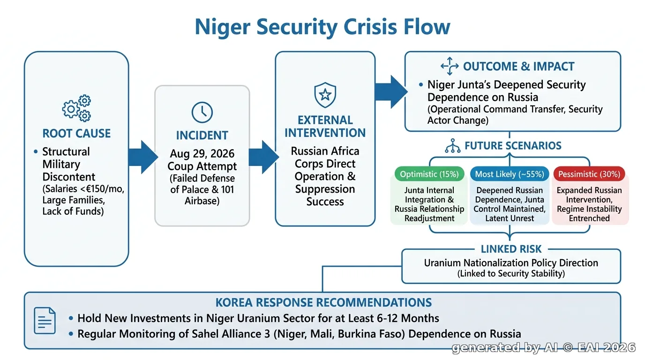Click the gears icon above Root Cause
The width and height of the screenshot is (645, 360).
pyautogui.click(x=76, y=108)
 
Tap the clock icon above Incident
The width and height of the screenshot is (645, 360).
pyautogui.click(x=202, y=112)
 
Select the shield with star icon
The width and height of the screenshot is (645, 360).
pyautogui.click(x=325, y=95)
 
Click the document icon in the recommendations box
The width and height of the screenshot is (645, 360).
pyautogui.click(x=45, y=321)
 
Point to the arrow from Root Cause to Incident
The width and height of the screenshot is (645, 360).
pyautogui.click(x=143, y=157)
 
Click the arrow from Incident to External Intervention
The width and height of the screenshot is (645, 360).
pyautogui.click(x=264, y=157)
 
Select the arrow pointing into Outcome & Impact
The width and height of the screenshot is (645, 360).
pyautogui.click(x=391, y=92)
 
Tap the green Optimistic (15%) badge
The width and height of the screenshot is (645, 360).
pyautogui.click(x=429, y=174)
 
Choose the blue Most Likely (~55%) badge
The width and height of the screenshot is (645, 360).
pyautogui.click(x=510, y=174)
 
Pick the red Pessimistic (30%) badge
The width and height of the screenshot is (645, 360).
pyautogui.click(x=589, y=174)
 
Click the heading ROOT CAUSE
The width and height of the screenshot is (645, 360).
pyautogui.click(x=76, y=133)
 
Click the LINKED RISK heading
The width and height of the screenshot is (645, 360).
pyautogui.click(x=511, y=249)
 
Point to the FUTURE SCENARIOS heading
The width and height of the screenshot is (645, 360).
pyautogui.click(x=513, y=146)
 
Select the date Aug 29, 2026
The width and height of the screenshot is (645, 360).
pyautogui.click(x=202, y=153)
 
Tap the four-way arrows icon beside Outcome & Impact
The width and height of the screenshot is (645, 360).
pyautogui.click(x=450, y=66)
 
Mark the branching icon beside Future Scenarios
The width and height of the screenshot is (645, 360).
pyautogui.click(x=453, y=146)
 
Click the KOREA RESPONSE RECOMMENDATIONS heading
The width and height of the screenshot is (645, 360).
pyautogui.click(x=323, y=303)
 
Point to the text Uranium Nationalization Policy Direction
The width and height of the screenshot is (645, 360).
pyautogui.click(x=511, y=262)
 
